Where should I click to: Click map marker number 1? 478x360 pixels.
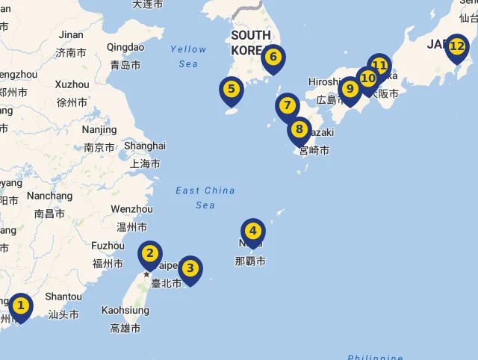[x=21, y=305]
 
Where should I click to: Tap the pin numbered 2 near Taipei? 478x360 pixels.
[x=150, y=254]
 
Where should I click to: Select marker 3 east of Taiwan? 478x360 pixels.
[x=190, y=268]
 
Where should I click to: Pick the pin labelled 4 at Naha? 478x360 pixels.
[x=253, y=232]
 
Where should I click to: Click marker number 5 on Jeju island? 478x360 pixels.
[x=232, y=90]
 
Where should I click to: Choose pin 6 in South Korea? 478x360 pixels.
[x=273, y=58]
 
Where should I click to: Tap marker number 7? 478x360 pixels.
[x=287, y=106]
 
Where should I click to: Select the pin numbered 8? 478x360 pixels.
[x=299, y=130]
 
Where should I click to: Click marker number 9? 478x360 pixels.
[x=350, y=89]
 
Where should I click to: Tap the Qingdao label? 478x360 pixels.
[x=125, y=47]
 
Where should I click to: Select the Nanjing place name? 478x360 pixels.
[x=99, y=129]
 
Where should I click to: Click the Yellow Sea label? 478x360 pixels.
[x=188, y=56]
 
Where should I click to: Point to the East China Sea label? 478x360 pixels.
[x=205, y=197]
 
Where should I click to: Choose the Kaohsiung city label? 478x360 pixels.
[x=125, y=310]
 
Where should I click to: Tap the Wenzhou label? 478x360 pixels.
[x=131, y=209]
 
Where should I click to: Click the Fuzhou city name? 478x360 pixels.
[x=108, y=246]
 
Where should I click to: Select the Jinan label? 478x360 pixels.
[x=71, y=34]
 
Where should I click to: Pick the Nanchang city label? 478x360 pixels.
[x=49, y=196]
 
